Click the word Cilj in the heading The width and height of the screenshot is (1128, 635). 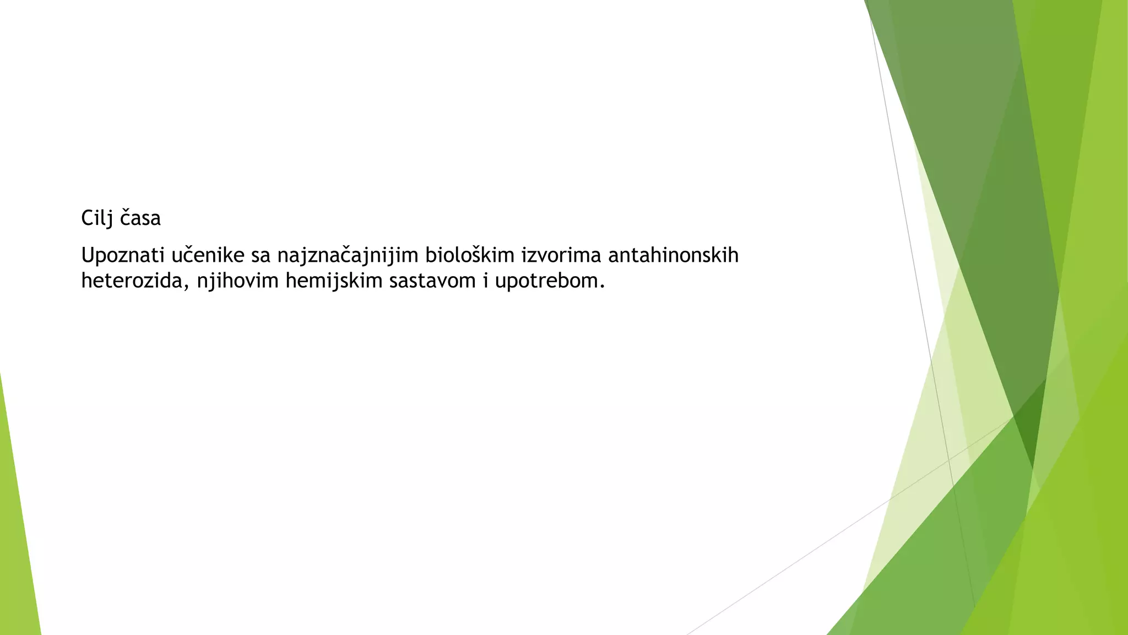(x=97, y=219)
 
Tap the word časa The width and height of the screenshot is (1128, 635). (x=140, y=219)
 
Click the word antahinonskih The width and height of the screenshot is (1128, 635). (x=673, y=256)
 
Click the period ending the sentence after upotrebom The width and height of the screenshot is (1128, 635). (x=603, y=287)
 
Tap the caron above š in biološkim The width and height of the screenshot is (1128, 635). (x=479, y=248)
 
